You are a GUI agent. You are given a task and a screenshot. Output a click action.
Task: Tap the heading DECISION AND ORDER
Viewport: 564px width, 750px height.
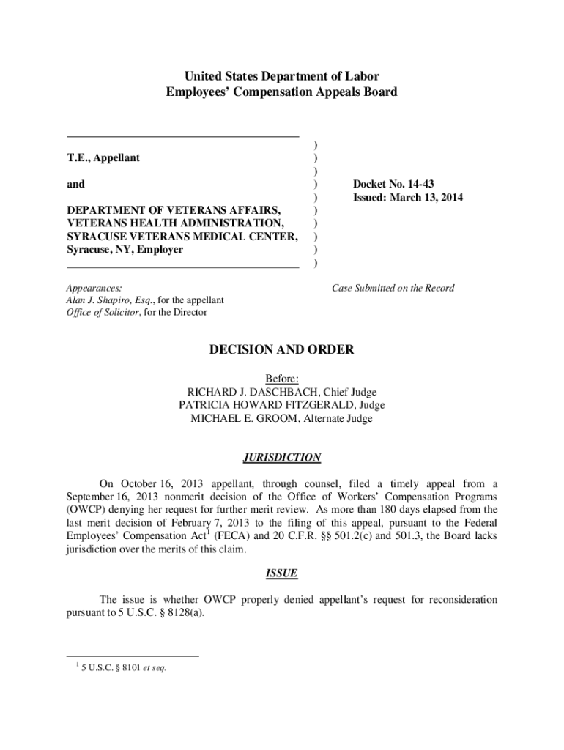point(281,350)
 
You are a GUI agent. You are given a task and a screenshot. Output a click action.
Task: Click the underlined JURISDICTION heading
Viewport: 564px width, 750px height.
point(281,458)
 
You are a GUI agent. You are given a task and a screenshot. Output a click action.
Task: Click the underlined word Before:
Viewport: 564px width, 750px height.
point(281,379)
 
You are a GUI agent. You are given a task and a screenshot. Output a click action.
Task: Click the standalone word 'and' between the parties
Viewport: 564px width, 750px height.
point(75,184)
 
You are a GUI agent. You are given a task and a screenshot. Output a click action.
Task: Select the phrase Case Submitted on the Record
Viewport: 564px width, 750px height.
point(393,288)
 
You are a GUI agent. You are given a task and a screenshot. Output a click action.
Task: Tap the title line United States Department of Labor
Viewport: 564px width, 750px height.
point(281,76)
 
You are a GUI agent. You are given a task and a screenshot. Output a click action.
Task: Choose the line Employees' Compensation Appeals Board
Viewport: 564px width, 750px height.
point(281,92)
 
